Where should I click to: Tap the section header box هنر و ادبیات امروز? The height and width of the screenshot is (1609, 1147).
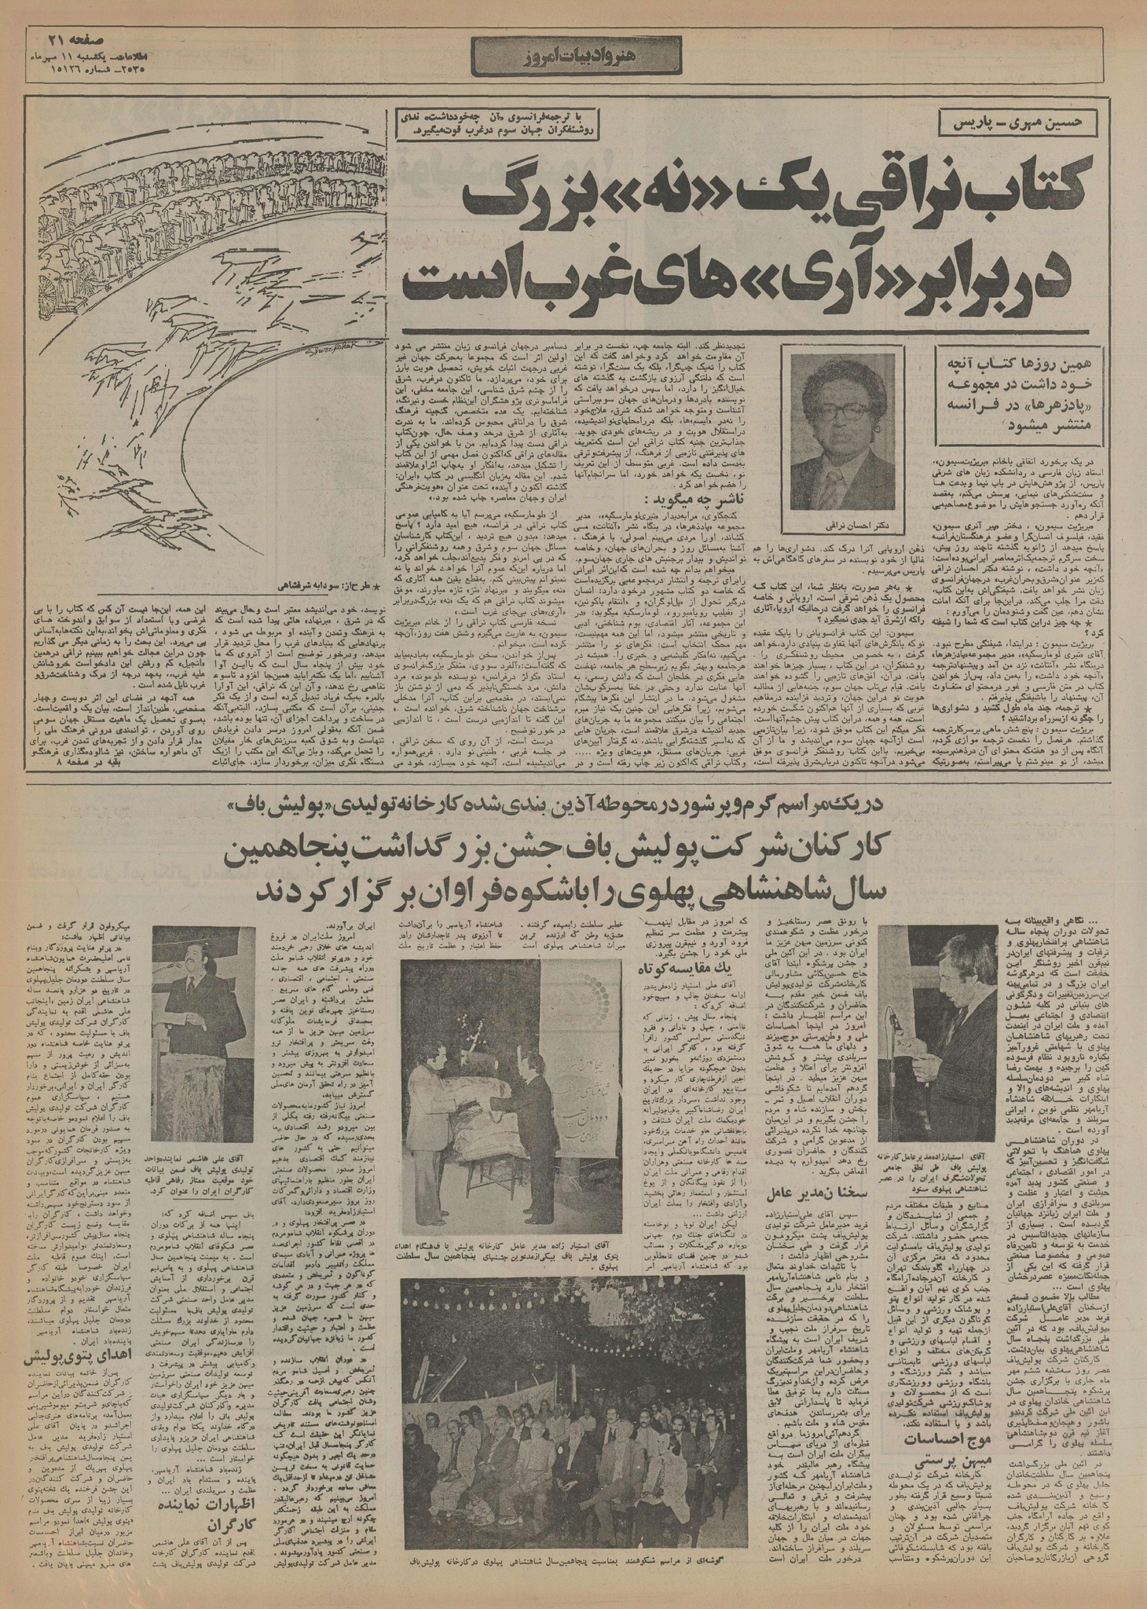(x=574, y=55)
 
